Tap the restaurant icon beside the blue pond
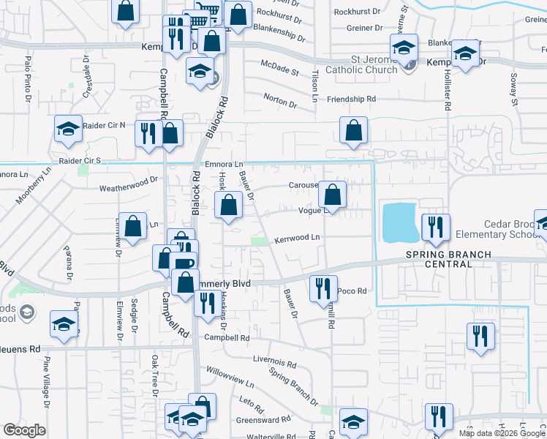(x=436, y=228)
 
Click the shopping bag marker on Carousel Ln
(x=333, y=195)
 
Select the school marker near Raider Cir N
(x=68, y=130)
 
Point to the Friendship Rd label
(x=352, y=98)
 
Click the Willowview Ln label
(x=230, y=378)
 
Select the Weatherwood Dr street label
(x=129, y=184)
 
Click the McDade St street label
(x=280, y=72)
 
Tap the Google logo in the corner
(x=24, y=430)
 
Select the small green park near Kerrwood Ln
(x=258, y=241)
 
